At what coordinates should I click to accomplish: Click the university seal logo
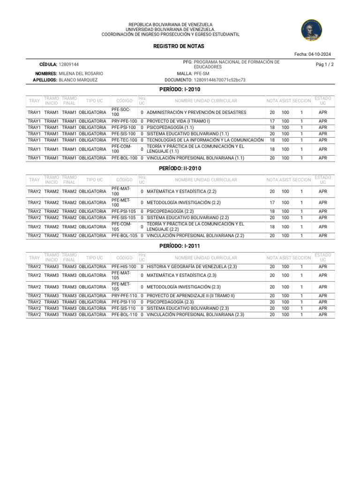(x=312, y=30)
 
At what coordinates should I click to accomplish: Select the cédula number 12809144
(x=69, y=64)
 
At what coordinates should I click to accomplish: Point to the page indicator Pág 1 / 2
(x=325, y=64)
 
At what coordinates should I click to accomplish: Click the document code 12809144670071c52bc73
(x=219, y=80)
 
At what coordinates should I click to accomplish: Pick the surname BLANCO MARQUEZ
(x=78, y=80)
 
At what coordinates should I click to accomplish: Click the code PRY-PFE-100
(x=124, y=121)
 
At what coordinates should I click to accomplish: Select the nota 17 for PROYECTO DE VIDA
(x=272, y=121)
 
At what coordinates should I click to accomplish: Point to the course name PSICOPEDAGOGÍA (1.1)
(x=170, y=127)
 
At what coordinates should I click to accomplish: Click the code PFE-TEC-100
(x=124, y=140)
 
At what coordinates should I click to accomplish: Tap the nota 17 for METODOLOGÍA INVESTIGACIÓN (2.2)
(x=272, y=202)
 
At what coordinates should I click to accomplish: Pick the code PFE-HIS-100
(x=124, y=267)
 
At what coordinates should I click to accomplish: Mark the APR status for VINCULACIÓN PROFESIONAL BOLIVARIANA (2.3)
(x=322, y=315)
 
